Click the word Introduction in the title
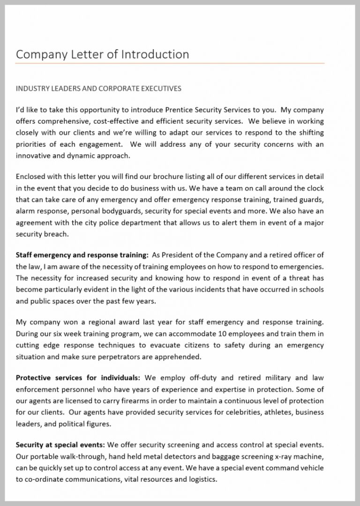(155, 54)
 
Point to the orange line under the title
(170, 63)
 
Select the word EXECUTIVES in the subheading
(158, 89)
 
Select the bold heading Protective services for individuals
(78, 378)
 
